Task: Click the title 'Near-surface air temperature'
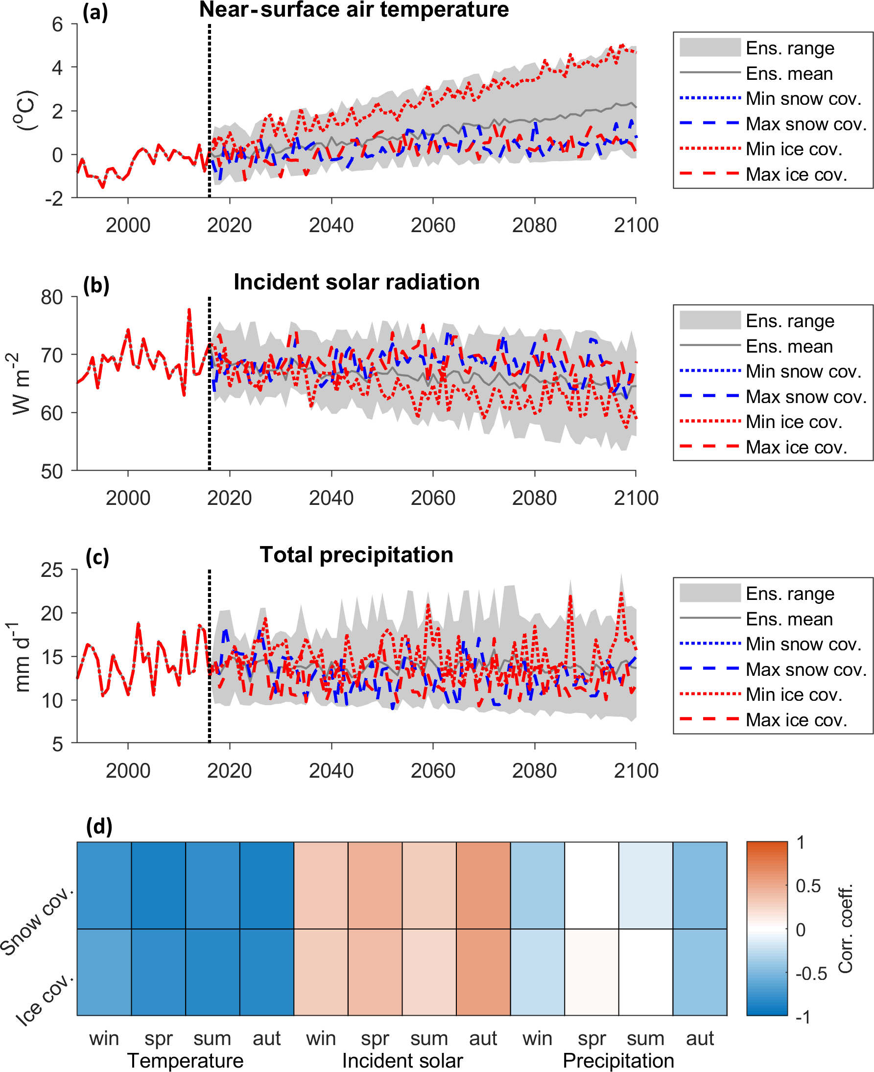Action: point(354,10)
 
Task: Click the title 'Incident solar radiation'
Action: point(356,282)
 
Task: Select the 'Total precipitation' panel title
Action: point(356,555)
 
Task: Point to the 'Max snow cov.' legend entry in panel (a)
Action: point(805,124)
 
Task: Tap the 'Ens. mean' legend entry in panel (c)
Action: point(789,619)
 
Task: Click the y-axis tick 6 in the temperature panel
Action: point(57,24)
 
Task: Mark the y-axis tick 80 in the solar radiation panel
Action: point(52,297)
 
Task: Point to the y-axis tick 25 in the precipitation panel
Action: point(52,570)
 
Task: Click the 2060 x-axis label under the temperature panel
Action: point(433,225)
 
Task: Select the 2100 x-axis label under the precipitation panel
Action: point(636,770)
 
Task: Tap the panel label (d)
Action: point(99,826)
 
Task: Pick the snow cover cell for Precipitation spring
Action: point(591,885)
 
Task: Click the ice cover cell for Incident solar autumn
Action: point(483,972)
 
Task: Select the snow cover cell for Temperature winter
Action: point(104,885)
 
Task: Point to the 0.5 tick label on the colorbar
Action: point(808,886)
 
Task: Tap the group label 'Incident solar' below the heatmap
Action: point(402,1060)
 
